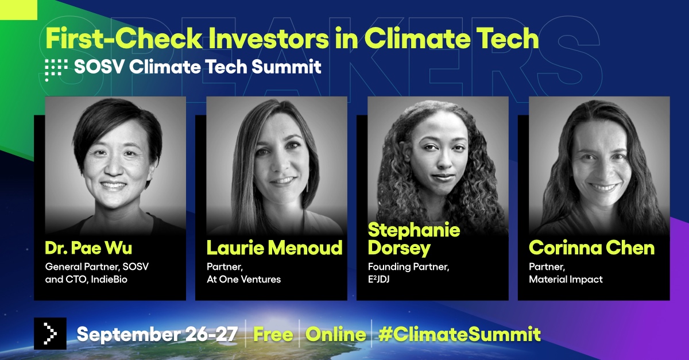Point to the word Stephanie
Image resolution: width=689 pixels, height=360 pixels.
click(414, 230)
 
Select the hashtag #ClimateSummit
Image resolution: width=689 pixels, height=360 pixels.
click(459, 334)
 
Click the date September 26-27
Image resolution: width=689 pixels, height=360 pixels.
click(157, 334)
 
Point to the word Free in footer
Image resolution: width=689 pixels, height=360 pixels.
click(273, 334)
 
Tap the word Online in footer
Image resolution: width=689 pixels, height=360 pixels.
click(335, 334)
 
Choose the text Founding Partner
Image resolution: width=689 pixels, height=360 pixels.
click(408, 267)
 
